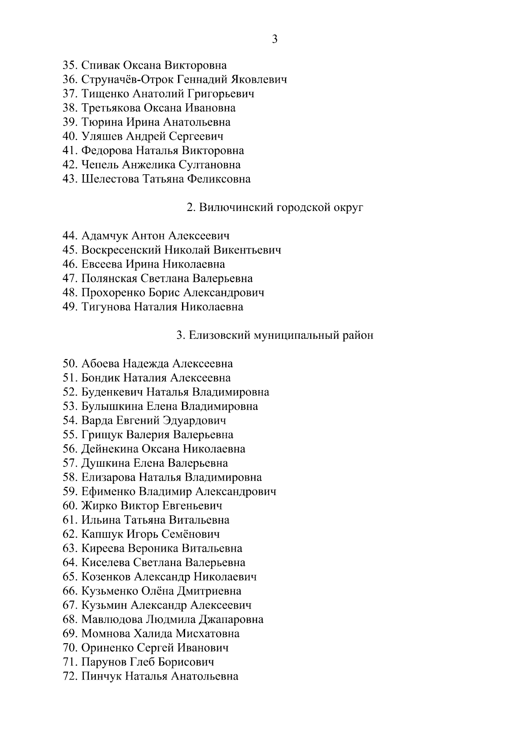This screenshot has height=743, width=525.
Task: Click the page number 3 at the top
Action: click(x=274, y=39)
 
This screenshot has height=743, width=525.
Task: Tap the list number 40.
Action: click(x=70, y=137)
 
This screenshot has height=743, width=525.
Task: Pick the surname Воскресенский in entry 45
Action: click(x=121, y=250)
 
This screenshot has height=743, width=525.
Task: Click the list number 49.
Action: click(x=70, y=307)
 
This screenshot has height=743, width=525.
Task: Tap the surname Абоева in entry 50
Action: click(x=100, y=364)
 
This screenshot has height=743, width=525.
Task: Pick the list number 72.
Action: click(x=70, y=676)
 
